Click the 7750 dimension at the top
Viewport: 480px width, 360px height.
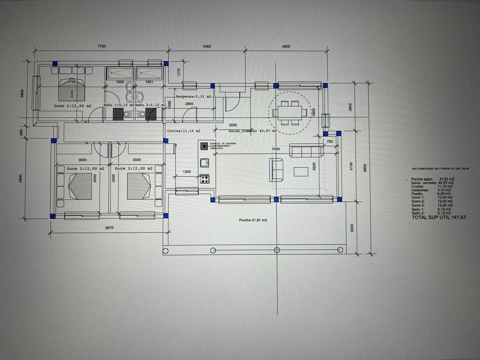tap(102, 46)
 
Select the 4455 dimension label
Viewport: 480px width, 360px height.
tap(207, 46)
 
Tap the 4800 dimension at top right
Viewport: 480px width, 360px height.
tap(286, 46)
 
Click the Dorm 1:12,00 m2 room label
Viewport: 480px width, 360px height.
tap(73, 106)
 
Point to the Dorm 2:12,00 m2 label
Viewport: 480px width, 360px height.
tap(85, 169)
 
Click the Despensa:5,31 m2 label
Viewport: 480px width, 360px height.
tap(193, 97)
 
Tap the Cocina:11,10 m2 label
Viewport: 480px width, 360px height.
tap(183, 131)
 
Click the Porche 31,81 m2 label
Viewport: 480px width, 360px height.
tap(253, 220)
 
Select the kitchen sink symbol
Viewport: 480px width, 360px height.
tap(205, 163)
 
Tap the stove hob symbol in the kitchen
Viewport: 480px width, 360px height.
tap(205, 179)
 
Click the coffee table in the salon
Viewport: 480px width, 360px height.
tap(301, 171)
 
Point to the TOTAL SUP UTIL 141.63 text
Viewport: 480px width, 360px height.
tap(438, 217)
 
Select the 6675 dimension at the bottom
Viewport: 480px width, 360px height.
tap(109, 228)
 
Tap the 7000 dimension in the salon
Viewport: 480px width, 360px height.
tap(275, 149)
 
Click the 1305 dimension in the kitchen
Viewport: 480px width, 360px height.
tap(187, 172)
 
